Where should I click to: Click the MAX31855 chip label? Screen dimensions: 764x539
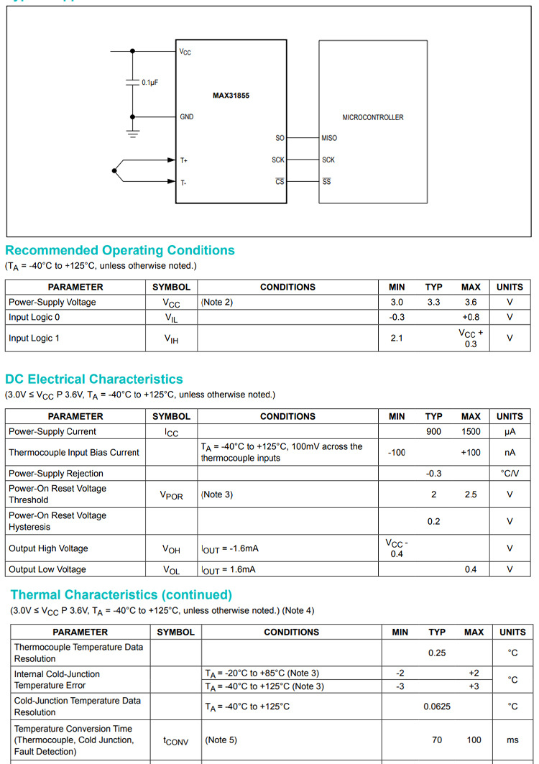pyautogui.click(x=231, y=95)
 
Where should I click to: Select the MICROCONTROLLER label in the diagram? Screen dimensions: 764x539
pyautogui.click(x=372, y=117)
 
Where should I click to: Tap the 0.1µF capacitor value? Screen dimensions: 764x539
pyautogui.click(x=149, y=83)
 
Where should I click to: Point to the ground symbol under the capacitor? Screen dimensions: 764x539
pyautogui.click(x=132, y=132)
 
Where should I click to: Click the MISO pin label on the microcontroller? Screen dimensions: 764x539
pyautogui.click(x=329, y=138)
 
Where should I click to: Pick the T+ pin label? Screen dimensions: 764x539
pyautogui.click(x=184, y=160)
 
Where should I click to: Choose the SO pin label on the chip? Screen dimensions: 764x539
pyautogui.click(x=280, y=138)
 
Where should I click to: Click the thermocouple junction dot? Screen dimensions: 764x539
pyautogui.click(x=114, y=170)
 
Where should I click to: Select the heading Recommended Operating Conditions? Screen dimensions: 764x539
pyautogui.click(x=120, y=250)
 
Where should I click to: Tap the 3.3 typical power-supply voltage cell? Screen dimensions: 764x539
pyautogui.click(x=433, y=303)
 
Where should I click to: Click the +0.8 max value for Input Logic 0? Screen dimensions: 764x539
pyautogui.click(x=471, y=317)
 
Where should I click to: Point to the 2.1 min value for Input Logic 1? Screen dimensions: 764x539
pyautogui.click(x=397, y=338)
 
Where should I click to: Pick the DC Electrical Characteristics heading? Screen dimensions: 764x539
pyautogui.click(x=94, y=379)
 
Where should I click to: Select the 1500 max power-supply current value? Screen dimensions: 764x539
pyautogui.click(x=471, y=432)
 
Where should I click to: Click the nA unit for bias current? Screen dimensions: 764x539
pyautogui.click(x=510, y=453)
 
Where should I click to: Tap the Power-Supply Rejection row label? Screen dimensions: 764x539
pyautogui.click(x=56, y=474)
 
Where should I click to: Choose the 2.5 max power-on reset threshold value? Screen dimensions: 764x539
pyautogui.click(x=471, y=494)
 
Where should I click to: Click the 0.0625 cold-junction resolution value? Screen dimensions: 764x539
pyautogui.click(x=437, y=707)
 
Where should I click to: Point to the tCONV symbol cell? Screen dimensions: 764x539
pyautogui.click(x=175, y=740)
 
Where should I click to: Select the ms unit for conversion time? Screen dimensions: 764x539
pyautogui.click(x=512, y=740)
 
